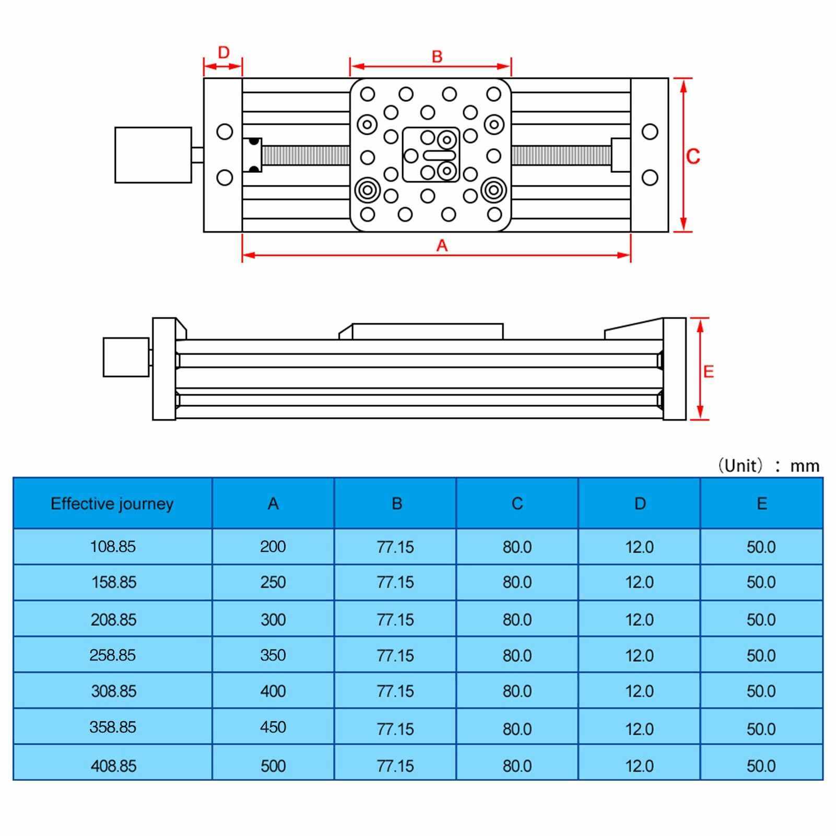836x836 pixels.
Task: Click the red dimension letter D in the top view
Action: click(x=223, y=52)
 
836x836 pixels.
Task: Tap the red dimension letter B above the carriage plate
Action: click(x=437, y=56)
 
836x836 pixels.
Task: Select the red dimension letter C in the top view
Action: click(x=693, y=156)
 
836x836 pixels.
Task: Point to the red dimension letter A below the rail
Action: click(x=442, y=245)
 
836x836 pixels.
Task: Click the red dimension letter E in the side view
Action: click(x=708, y=371)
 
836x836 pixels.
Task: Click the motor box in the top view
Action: click(x=153, y=155)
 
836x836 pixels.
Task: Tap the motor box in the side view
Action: click(x=126, y=357)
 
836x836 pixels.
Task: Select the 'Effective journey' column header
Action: click(x=112, y=504)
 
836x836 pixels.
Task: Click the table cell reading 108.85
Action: click(x=113, y=547)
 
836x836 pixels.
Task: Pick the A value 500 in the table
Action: click(x=273, y=766)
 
